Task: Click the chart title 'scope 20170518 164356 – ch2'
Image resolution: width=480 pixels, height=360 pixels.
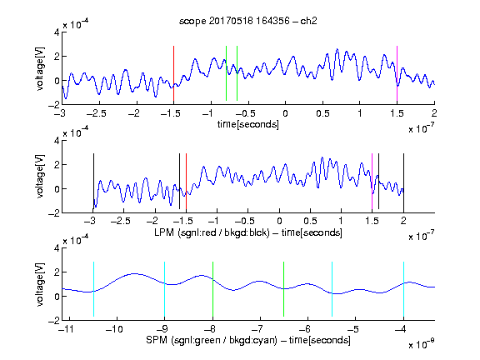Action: point(247,21)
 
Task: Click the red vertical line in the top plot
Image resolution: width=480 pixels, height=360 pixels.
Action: point(173,73)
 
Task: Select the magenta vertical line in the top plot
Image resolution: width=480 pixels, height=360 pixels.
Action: point(397,73)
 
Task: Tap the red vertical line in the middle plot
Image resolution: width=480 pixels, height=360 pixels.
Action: point(186,181)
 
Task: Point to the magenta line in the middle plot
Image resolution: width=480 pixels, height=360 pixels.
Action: point(372,181)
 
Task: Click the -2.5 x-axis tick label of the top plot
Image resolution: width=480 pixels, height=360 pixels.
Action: point(97,113)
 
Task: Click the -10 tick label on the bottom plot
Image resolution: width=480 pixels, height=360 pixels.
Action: point(114,329)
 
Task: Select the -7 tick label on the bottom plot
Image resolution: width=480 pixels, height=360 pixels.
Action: point(257,329)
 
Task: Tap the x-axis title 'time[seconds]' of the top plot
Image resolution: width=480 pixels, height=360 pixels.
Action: point(248,124)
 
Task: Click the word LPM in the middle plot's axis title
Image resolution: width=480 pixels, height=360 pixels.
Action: point(164,232)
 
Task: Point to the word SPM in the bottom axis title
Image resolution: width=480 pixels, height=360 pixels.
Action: point(157,340)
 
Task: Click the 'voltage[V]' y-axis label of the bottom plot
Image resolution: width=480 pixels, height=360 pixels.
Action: point(40,284)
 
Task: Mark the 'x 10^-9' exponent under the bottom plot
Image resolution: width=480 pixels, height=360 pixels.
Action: point(422,344)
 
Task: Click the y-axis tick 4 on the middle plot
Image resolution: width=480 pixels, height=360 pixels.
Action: point(57,141)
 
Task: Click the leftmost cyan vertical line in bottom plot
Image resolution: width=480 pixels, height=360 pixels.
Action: point(93,289)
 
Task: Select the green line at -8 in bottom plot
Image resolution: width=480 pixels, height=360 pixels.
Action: point(212,289)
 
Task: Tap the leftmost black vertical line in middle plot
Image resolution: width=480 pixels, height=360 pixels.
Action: point(93,181)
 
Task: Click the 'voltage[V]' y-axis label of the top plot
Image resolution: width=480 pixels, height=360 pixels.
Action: point(40,68)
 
